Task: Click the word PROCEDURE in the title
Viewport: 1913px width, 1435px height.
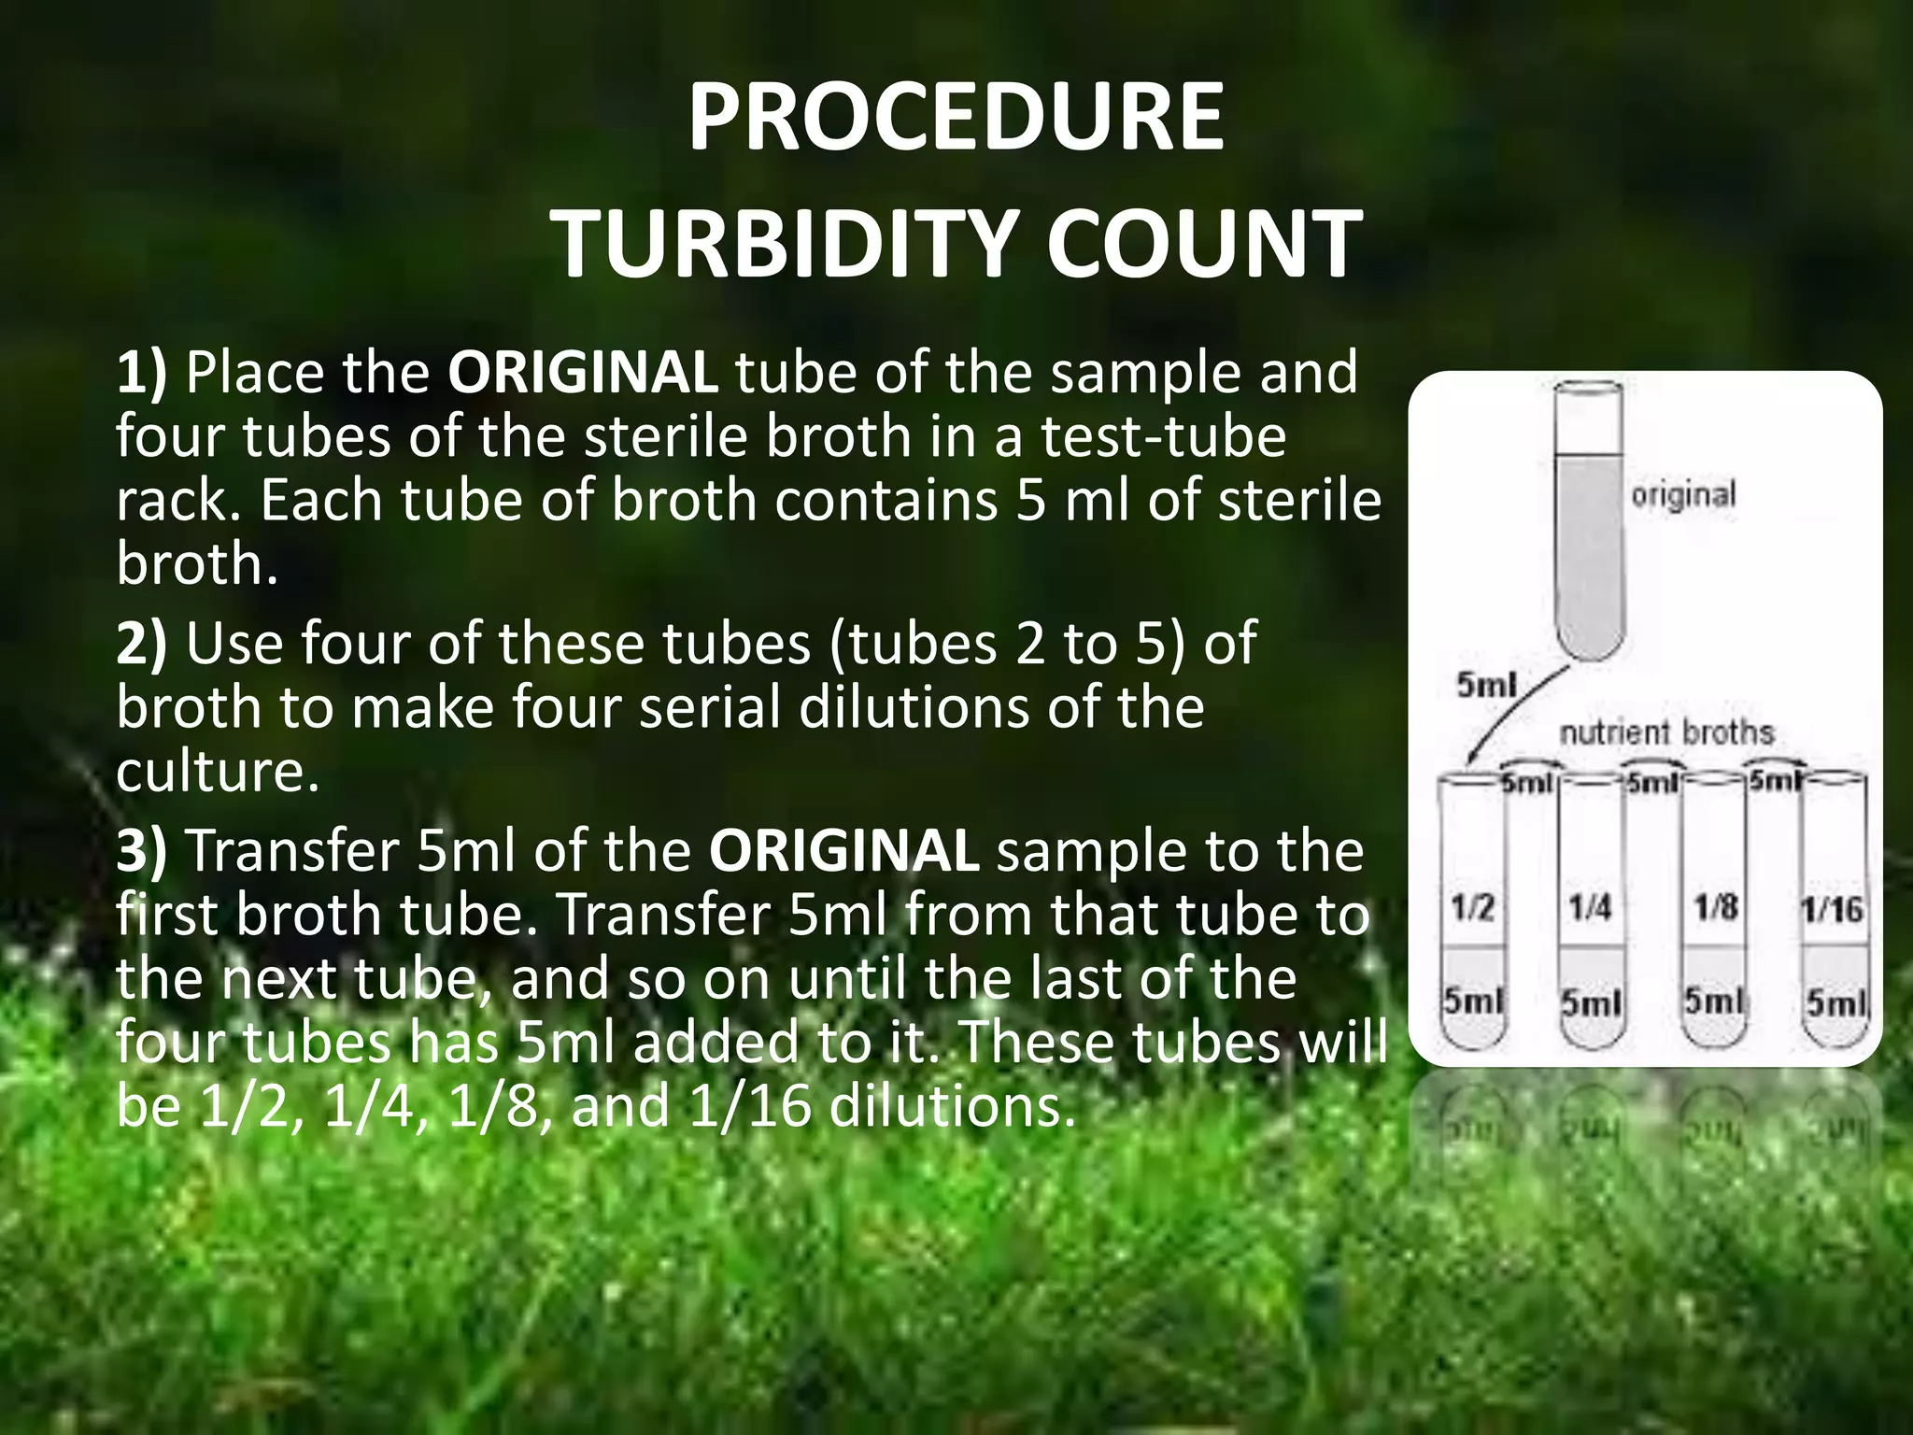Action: tap(955, 119)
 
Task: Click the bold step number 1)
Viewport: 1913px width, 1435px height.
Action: tap(141, 374)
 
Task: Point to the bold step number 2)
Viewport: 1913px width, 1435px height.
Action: tap(141, 645)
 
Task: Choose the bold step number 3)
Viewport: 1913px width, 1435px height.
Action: tap(141, 852)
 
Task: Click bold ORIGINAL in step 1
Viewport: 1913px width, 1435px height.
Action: tap(583, 374)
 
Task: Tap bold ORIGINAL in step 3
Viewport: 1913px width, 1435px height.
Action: tap(843, 852)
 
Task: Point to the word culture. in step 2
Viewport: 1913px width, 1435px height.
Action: tap(217, 772)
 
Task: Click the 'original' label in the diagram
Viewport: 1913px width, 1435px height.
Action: tap(1683, 494)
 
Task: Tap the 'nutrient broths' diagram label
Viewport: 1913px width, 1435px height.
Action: tap(1666, 732)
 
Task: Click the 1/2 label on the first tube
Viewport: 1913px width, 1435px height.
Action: tap(1473, 908)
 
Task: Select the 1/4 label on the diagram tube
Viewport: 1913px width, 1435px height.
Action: tap(1590, 908)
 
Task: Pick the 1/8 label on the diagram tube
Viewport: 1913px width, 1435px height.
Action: tap(1715, 908)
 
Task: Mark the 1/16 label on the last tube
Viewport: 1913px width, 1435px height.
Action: tap(1832, 910)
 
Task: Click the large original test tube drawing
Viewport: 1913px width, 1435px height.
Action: tap(1588, 523)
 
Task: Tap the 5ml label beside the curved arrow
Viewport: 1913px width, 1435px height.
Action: tap(1485, 687)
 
